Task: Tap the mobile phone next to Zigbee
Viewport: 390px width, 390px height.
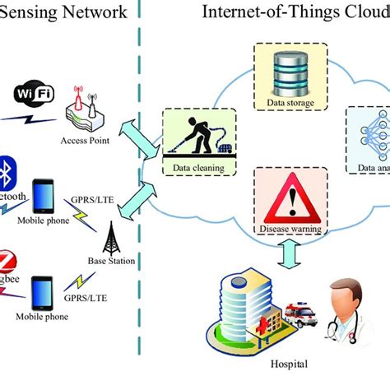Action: click(x=44, y=293)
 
